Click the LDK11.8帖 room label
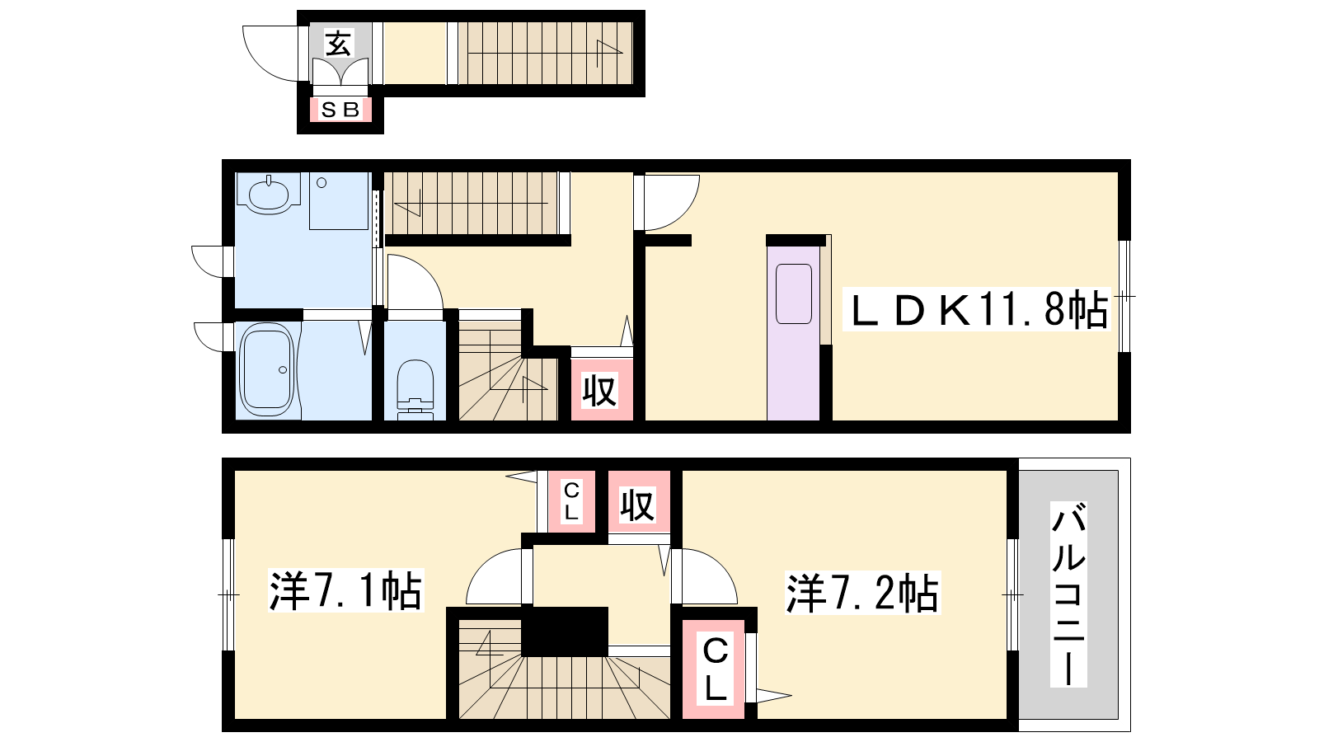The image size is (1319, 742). click(x=977, y=309)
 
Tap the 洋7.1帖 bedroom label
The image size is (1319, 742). click(x=345, y=590)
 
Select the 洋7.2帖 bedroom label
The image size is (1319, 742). click(x=862, y=593)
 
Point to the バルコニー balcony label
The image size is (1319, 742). click(x=1068, y=594)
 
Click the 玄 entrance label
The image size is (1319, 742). click(x=339, y=43)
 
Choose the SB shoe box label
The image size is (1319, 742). click(x=340, y=110)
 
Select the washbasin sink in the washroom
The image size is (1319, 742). click(x=269, y=194)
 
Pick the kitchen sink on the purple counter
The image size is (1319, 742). click(x=794, y=294)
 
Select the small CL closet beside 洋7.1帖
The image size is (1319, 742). click(x=571, y=501)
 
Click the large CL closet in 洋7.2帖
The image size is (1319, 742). click(x=714, y=669)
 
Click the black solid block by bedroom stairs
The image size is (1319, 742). click(x=564, y=632)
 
